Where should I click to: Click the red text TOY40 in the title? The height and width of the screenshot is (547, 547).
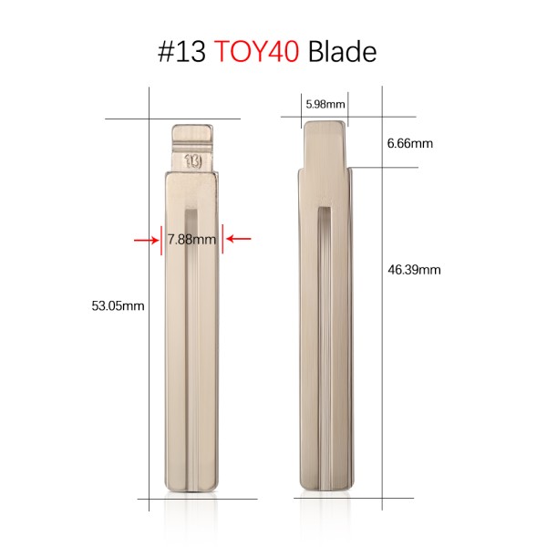tap(256, 52)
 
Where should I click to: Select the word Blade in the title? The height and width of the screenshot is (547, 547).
tap(342, 52)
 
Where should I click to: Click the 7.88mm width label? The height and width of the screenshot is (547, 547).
tap(191, 240)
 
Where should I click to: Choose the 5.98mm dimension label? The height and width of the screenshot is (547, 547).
tap(325, 104)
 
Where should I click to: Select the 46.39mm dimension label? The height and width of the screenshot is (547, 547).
tap(414, 270)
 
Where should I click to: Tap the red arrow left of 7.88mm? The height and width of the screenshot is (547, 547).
tap(145, 240)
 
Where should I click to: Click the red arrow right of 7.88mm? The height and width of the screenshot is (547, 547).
tap(238, 240)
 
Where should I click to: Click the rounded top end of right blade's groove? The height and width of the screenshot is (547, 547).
tap(325, 211)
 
